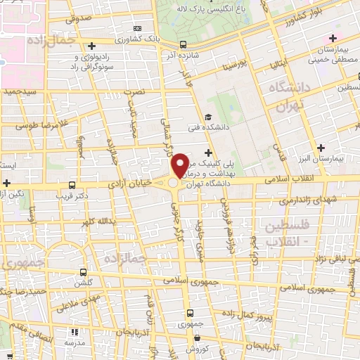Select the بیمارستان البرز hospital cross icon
(321, 148)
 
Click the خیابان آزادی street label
(129, 182)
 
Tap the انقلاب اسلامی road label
(290, 179)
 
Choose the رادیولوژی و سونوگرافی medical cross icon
(92, 46)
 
